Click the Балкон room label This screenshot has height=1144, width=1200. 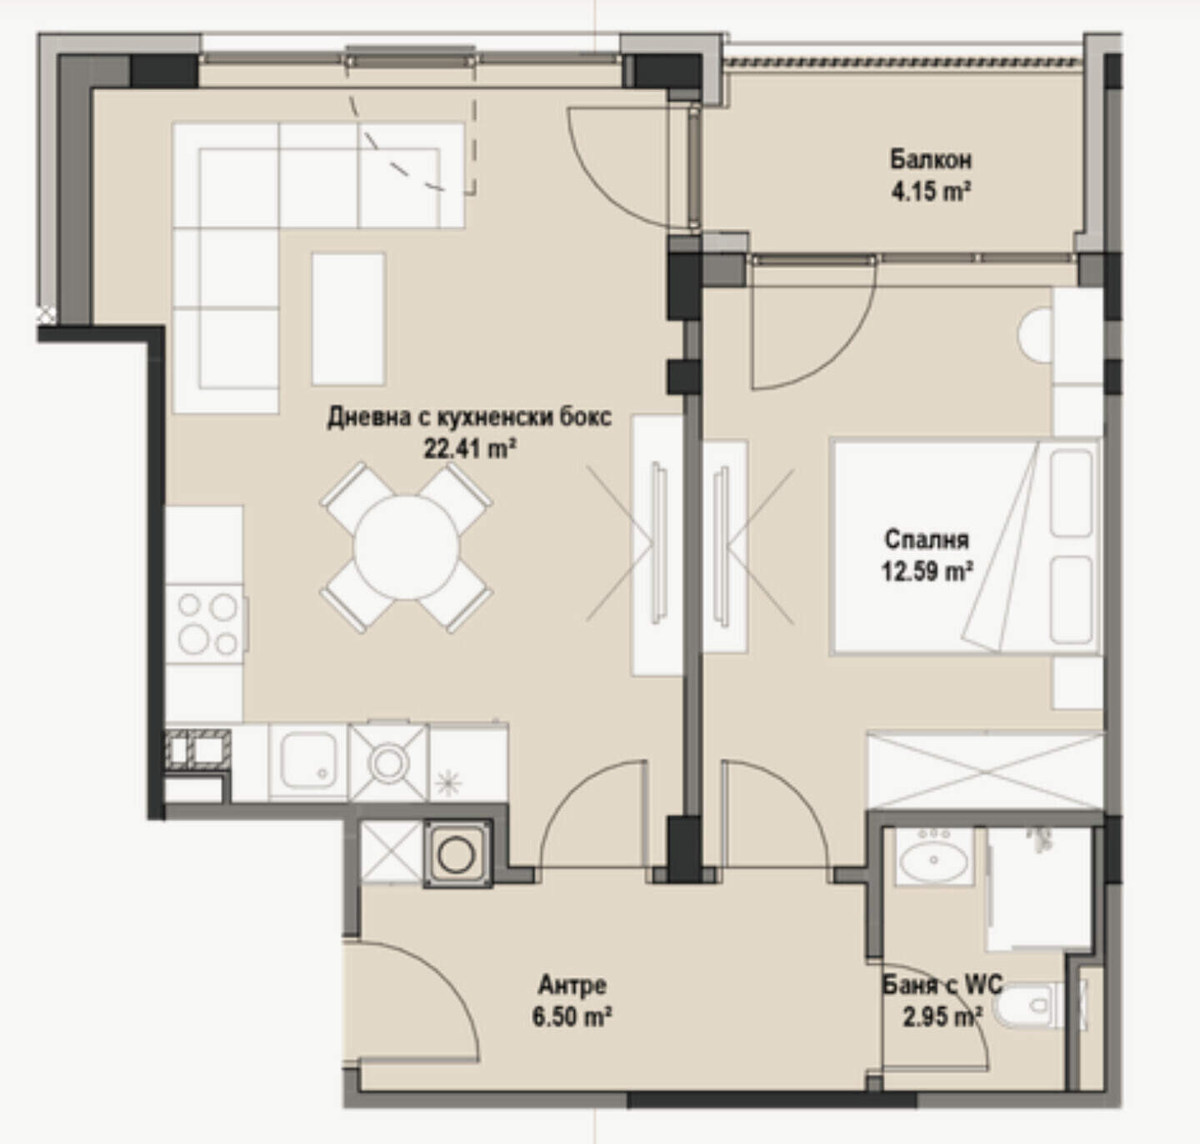(x=930, y=160)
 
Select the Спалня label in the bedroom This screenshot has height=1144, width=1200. (x=927, y=539)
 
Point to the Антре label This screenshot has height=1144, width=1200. (x=572, y=985)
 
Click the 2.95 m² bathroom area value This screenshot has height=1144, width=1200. (x=942, y=1017)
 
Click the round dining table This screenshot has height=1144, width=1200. (x=407, y=547)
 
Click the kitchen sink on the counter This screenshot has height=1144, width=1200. (x=308, y=761)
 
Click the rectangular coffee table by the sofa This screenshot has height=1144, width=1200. (x=348, y=319)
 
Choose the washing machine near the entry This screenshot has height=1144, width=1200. (x=457, y=854)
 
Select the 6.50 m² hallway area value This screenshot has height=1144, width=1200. (x=572, y=1017)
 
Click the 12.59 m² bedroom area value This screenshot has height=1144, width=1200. (x=927, y=572)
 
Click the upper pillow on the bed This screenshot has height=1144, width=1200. (x=1072, y=494)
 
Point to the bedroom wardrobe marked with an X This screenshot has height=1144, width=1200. (x=985, y=770)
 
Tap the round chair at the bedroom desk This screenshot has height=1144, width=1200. (x=1035, y=337)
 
